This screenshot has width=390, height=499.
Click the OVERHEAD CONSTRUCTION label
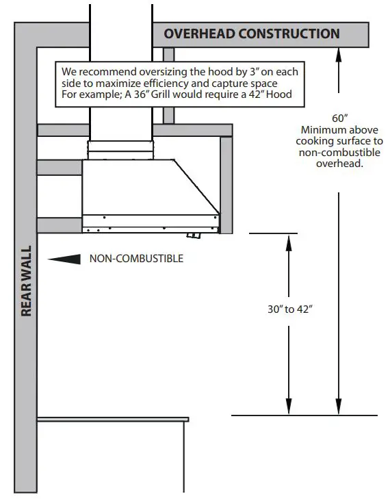[251, 34]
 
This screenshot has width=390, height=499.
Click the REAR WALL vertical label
[27, 281]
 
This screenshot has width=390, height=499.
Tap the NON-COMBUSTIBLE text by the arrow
[136, 259]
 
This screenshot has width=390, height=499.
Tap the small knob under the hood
[194, 236]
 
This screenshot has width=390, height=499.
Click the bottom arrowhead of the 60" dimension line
[338, 409]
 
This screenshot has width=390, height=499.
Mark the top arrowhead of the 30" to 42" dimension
[289, 240]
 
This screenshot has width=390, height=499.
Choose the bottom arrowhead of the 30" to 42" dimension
[289, 409]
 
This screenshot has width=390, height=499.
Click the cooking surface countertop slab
[113, 418]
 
